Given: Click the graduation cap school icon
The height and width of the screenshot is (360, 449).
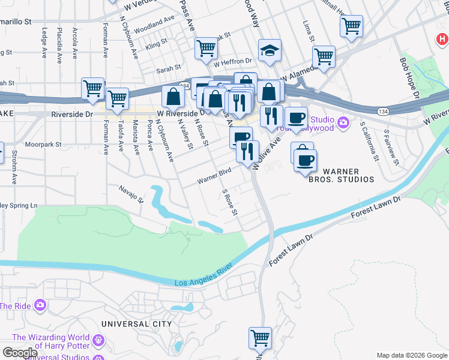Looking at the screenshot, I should tap(270, 51).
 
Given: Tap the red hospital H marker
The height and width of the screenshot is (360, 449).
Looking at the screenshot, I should tap(442, 40).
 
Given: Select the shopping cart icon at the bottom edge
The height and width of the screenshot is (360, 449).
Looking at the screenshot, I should tap(260, 338).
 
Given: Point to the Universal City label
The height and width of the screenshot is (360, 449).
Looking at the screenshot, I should tap(136, 324).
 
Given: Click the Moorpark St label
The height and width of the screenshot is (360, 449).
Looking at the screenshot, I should tap(43, 145).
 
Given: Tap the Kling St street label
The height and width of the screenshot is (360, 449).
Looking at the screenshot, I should tap(156, 45).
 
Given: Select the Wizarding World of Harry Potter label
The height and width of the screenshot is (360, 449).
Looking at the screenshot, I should tap(50, 341).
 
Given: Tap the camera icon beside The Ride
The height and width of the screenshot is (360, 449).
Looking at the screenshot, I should tap(40, 305).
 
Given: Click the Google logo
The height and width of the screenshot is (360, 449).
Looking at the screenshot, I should tap(19, 353).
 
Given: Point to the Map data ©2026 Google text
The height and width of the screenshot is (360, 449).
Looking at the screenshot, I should tap(411, 355).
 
